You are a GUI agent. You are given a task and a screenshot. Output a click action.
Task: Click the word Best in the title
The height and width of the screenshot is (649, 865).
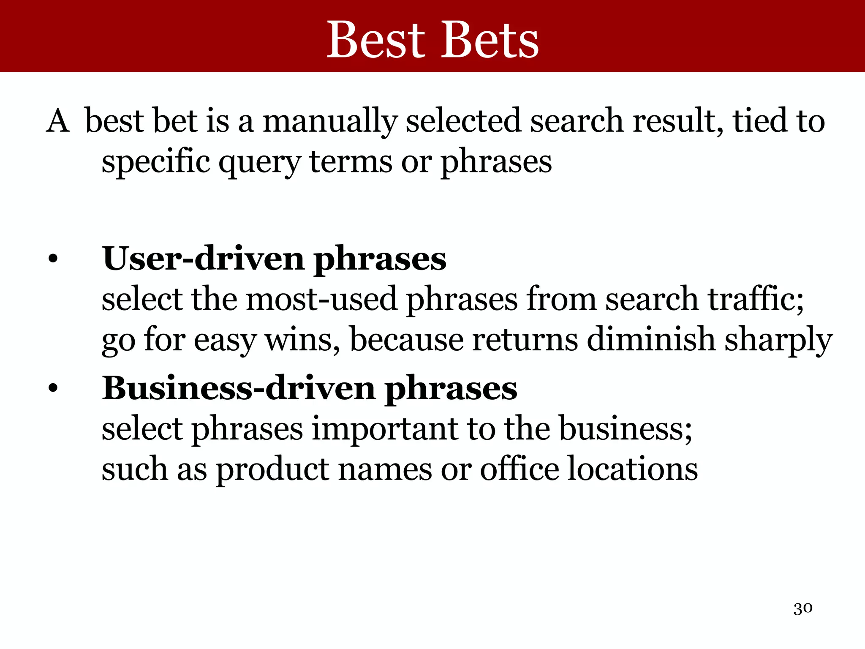375,40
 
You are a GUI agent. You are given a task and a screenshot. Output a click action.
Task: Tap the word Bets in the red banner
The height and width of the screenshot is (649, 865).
490,40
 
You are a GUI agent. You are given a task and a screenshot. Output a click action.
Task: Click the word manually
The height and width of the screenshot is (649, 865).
330,122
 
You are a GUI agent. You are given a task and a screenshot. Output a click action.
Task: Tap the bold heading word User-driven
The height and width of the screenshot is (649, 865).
203,259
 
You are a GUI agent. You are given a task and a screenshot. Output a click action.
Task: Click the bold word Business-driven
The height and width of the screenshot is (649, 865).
239,388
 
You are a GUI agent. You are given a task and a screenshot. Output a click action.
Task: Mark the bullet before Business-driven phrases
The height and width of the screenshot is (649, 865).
52,389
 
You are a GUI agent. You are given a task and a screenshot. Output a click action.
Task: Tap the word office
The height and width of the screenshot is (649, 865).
519,469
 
